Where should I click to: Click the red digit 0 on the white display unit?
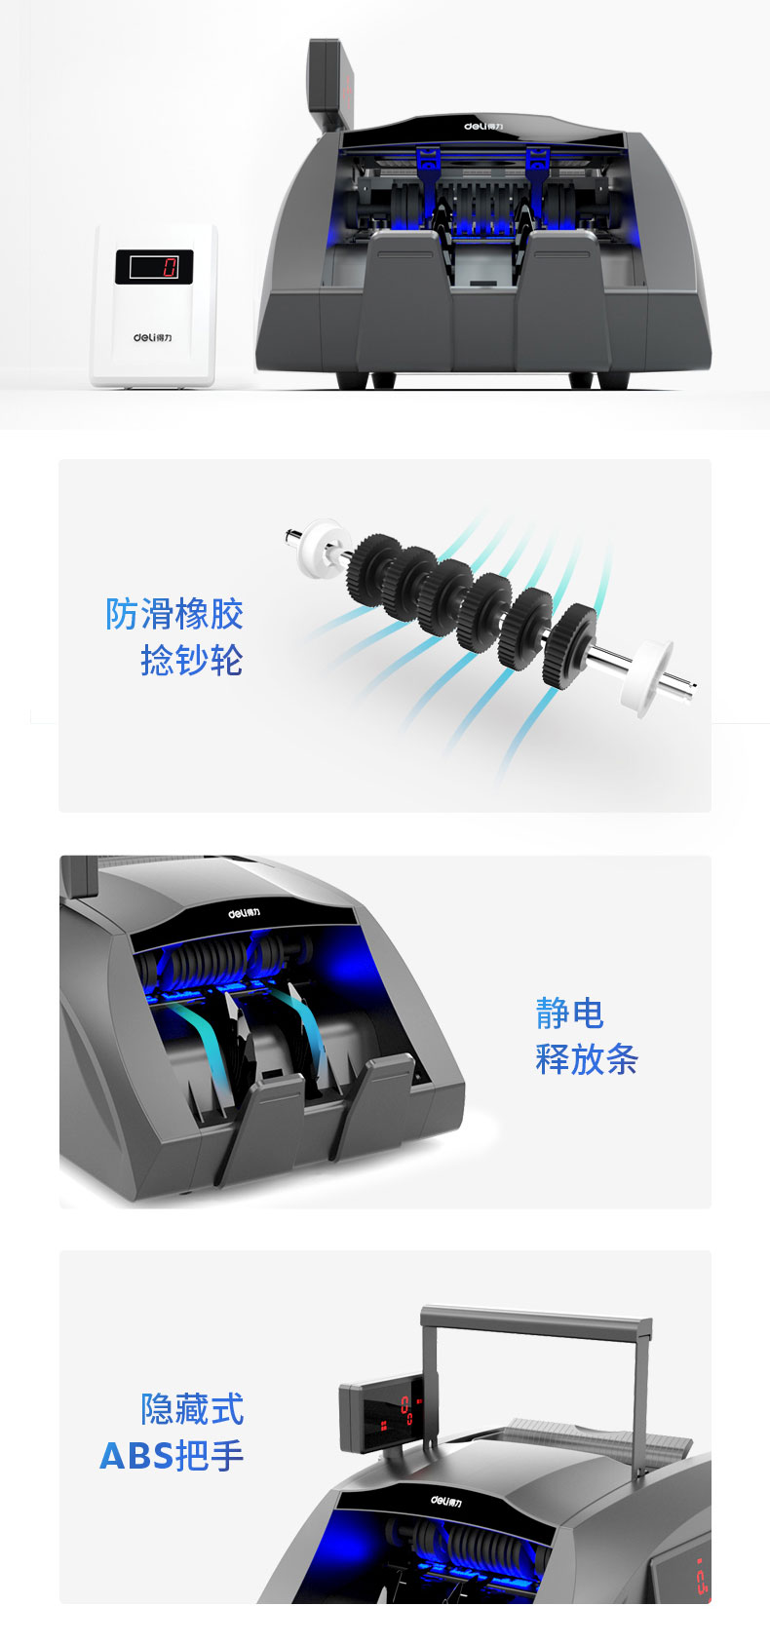pyautogui.click(x=170, y=267)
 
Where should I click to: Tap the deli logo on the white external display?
pyautogui.click(x=153, y=337)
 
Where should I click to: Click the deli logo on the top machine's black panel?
pyautogui.click(x=483, y=127)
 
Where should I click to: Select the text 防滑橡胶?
pyautogui.click(x=173, y=614)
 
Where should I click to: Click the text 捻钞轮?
pyautogui.click(x=192, y=660)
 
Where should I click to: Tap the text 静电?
pyautogui.click(x=569, y=1013)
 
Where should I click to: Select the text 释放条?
pyautogui.click(x=587, y=1059)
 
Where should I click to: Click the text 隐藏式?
pyautogui.click(x=192, y=1408)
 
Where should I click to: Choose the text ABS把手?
pyautogui.click(x=172, y=1455)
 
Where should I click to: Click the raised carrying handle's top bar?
pyautogui.click(x=536, y=1318)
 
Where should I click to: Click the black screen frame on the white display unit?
pyautogui.click(x=154, y=266)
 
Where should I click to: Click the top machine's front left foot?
pyautogui.click(x=352, y=380)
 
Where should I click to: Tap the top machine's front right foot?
pyautogui.click(x=581, y=380)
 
